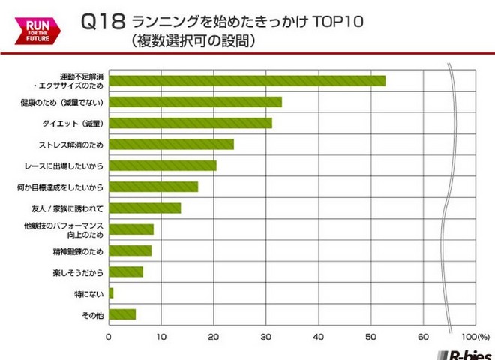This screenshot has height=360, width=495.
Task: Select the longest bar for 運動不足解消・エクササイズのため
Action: tap(247, 80)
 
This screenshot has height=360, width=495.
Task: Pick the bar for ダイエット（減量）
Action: tap(190, 123)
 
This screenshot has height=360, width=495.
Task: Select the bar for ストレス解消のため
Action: tap(171, 144)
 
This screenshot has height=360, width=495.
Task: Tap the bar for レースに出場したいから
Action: tap(163, 165)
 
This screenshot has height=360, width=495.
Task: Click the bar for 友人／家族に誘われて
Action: tap(145, 208)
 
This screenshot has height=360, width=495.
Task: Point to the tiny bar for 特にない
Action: tap(111, 292)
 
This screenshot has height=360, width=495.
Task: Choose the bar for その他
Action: tap(122, 314)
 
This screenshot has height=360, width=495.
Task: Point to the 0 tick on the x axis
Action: tap(109, 336)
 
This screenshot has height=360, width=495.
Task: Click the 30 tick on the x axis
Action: tap(266, 336)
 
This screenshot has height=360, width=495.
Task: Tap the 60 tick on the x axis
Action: tap(424, 336)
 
